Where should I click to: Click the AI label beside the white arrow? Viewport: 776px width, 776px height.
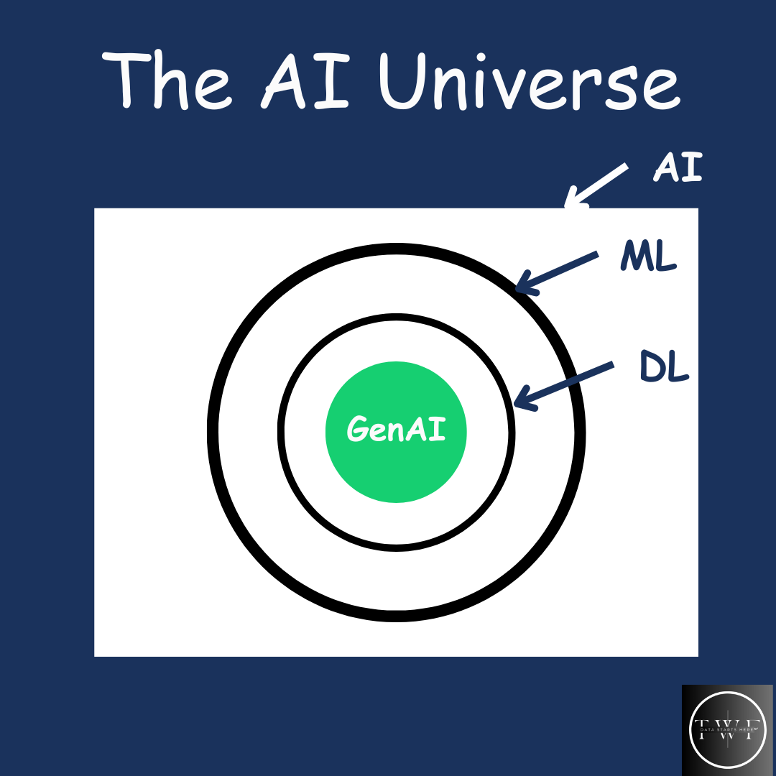click(677, 167)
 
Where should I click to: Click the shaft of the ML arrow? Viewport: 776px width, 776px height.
click(564, 269)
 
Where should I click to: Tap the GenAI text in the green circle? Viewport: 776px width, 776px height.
click(396, 430)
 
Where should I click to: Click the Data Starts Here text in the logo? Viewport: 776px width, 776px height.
click(727, 730)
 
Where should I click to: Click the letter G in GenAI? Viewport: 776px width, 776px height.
click(357, 430)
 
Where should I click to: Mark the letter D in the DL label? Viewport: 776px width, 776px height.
click(651, 367)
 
